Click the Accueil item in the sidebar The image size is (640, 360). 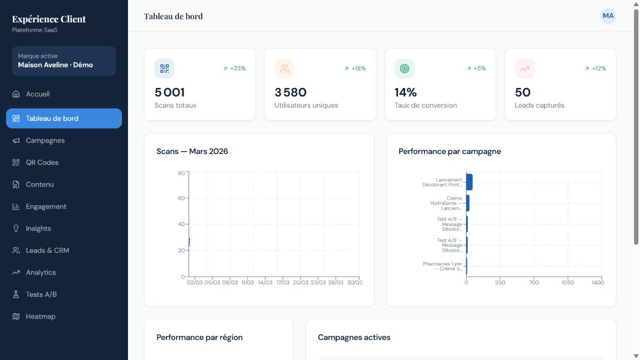pyautogui.click(x=38, y=94)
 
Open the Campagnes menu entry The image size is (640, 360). pyautogui.click(x=45, y=141)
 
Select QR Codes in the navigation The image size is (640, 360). pyautogui.click(x=42, y=162)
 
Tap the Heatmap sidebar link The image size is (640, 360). pyautogui.click(x=40, y=317)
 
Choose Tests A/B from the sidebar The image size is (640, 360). pyautogui.click(x=41, y=294)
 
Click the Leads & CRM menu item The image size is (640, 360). pyautogui.click(x=48, y=250)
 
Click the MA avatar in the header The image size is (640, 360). pyautogui.click(x=608, y=16)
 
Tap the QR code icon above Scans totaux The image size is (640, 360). pyautogui.click(x=164, y=69)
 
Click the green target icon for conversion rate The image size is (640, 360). pyautogui.click(x=404, y=69)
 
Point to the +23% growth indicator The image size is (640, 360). pyautogui.click(x=234, y=69)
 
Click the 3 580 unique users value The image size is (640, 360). pyautogui.click(x=290, y=92)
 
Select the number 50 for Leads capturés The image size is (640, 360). pyautogui.click(x=523, y=92)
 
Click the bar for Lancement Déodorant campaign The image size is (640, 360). pyautogui.click(x=469, y=182)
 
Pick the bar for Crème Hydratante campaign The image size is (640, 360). pyautogui.click(x=467, y=203)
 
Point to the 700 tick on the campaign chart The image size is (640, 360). pyautogui.click(x=534, y=282)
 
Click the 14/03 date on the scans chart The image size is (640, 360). pyautogui.click(x=265, y=282)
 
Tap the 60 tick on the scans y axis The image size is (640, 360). pyautogui.click(x=181, y=198)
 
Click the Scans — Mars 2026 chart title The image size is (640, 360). pyautogui.click(x=192, y=151)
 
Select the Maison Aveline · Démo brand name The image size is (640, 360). pyautogui.click(x=56, y=65)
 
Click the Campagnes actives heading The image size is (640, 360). pyautogui.click(x=354, y=337)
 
